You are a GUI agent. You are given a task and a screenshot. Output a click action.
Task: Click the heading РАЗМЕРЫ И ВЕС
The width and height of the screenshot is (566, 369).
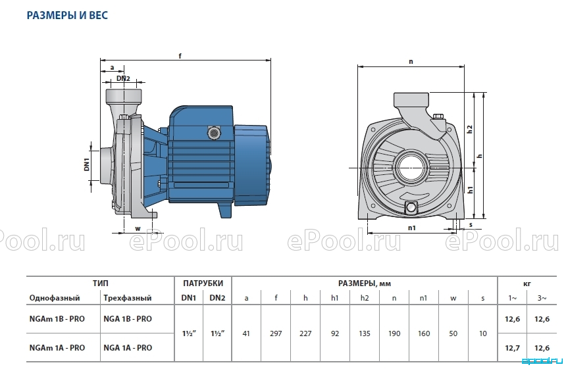tap(68, 15)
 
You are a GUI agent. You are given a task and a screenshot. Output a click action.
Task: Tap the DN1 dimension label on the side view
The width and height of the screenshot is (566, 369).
tap(87, 166)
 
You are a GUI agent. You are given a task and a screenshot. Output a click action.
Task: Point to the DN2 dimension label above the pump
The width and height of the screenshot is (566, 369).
tap(123, 78)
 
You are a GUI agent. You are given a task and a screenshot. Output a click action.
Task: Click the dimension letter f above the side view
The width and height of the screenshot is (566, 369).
tap(180, 55)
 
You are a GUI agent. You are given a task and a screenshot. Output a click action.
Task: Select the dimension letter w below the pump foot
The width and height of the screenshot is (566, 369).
tap(138, 228)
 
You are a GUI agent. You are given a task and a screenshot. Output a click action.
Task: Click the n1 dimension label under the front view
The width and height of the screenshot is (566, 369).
tap(412, 228)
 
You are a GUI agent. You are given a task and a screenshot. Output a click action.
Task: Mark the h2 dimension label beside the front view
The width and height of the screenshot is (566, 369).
tap(470, 129)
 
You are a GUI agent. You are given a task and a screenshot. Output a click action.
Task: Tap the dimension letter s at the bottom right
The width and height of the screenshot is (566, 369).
tap(471, 225)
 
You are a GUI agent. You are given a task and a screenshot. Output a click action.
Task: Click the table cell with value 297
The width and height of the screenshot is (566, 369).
tap(276, 333)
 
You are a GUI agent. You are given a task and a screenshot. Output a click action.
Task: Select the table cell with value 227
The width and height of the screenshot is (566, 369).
tap(305, 333)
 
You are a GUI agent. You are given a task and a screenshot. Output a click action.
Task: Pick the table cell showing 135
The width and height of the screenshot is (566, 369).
tap(365, 333)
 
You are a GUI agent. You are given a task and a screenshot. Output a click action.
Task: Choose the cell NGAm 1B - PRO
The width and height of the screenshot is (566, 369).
tap(57, 319)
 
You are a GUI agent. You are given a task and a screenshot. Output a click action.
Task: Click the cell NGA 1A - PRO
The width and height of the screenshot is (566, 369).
tap(128, 348)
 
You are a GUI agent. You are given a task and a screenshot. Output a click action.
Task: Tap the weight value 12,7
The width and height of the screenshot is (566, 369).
tap(512, 348)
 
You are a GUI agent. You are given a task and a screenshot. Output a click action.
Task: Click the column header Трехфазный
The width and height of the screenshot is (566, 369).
tap(128, 298)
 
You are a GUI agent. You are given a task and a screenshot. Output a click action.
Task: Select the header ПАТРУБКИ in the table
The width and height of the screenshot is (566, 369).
tap(203, 283)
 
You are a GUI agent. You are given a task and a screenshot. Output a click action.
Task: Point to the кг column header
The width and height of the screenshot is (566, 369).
tap(527, 283)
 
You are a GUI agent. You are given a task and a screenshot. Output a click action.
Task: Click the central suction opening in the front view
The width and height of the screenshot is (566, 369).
tap(413, 168)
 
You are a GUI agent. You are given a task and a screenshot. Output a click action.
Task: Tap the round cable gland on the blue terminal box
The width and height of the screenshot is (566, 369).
tap(213, 133)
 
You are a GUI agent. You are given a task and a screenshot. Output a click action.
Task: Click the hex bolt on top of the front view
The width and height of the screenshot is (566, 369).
tap(438, 116)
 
